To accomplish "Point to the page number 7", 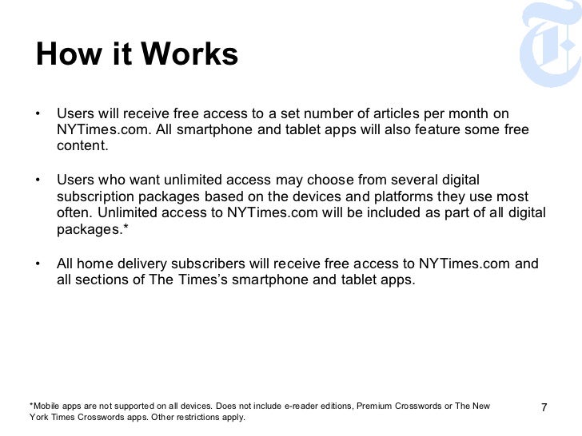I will tap(544, 410).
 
